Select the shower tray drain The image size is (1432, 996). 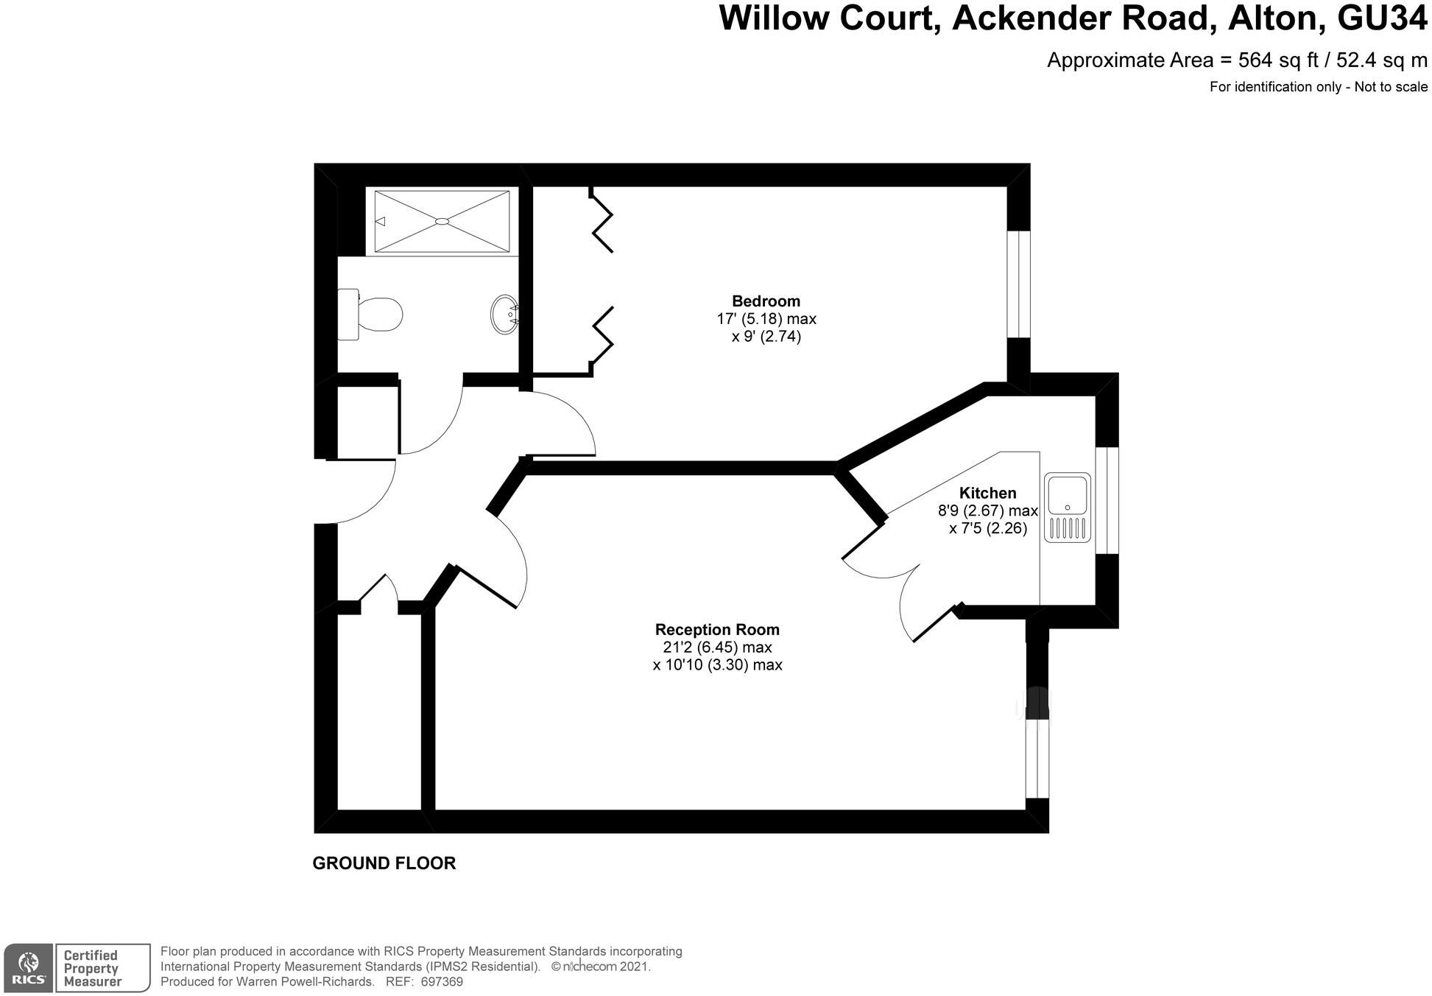pyautogui.click(x=442, y=221)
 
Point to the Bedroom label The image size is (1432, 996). pyautogui.click(x=766, y=301)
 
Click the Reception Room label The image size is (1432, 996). pyautogui.click(x=717, y=630)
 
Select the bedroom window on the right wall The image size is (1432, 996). pyautogui.click(x=1018, y=284)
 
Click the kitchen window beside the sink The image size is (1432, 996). pyautogui.click(x=1107, y=500)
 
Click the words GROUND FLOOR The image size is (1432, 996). pyautogui.click(x=384, y=863)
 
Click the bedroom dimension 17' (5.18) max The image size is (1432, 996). pyautogui.click(x=766, y=319)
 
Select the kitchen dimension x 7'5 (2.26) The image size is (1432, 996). pyautogui.click(x=987, y=528)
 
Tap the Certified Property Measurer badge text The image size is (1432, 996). pyautogui.click(x=92, y=968)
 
